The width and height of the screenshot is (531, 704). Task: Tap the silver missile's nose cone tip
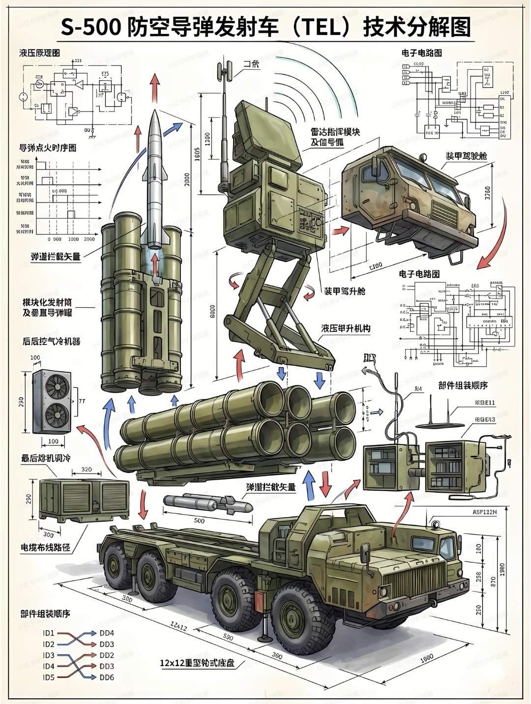[155, 113]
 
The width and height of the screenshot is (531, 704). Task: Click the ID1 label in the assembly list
[49, 633]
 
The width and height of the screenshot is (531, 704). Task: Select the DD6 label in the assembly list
[107, 677]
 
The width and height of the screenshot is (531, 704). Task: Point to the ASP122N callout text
[484, 512]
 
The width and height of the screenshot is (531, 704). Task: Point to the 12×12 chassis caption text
[197, 663]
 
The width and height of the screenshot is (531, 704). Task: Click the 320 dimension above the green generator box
[86, 469]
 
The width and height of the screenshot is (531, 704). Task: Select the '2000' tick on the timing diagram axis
[89, 239]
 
